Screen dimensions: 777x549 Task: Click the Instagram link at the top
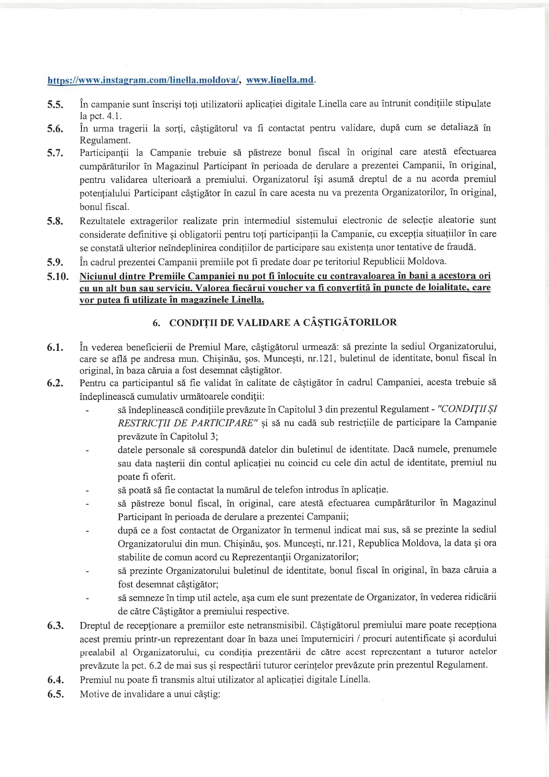pos(144,80)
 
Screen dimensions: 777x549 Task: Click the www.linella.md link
pos(280,80)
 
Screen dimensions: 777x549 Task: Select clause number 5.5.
pos(56,105)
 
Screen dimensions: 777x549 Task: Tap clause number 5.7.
pos(56,153)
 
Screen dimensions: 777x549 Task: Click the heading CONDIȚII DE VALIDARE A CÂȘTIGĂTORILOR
pos(283,322)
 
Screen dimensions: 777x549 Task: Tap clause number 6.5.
pos(56,694)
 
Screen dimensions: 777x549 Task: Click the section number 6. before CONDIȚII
pos(156,323)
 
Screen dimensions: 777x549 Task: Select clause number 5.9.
pos(56,261)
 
